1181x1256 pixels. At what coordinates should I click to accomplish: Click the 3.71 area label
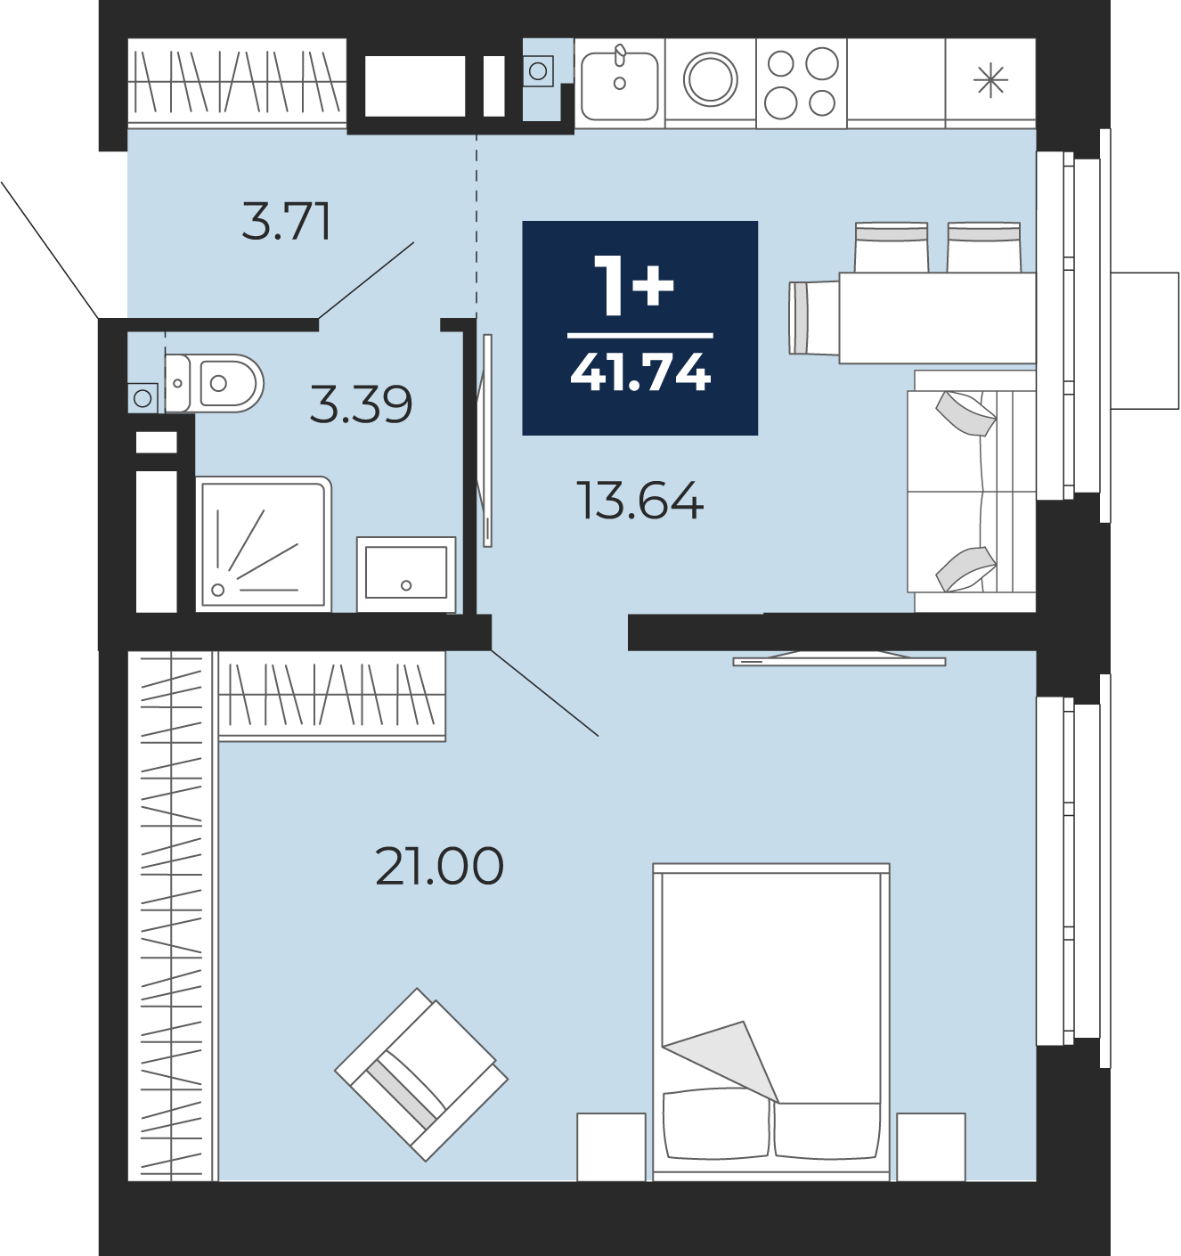tap(286, 222)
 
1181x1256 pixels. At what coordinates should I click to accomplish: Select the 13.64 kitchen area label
tap(639, 501)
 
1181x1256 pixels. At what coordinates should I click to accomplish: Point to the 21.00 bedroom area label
tap(440, 866)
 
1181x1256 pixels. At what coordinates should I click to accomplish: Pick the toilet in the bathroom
tap(214, 383)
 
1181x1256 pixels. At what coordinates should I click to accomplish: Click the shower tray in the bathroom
tap(264, 544)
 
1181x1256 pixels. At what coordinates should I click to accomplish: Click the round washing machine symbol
tap(711, 80)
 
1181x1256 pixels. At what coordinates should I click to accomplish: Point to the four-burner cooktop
tap(802, 83)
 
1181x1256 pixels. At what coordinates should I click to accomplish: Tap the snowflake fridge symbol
tap(990, 81)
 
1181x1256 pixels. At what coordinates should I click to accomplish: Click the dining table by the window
tap(938, 317)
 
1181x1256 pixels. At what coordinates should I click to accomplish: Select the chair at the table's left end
tap(814, 317)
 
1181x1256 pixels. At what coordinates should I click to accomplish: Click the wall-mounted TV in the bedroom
tap(839, 658)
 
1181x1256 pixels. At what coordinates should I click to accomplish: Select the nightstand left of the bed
tap(611, 1146)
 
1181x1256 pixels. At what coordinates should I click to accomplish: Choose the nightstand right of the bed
tap(931, 1146)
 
